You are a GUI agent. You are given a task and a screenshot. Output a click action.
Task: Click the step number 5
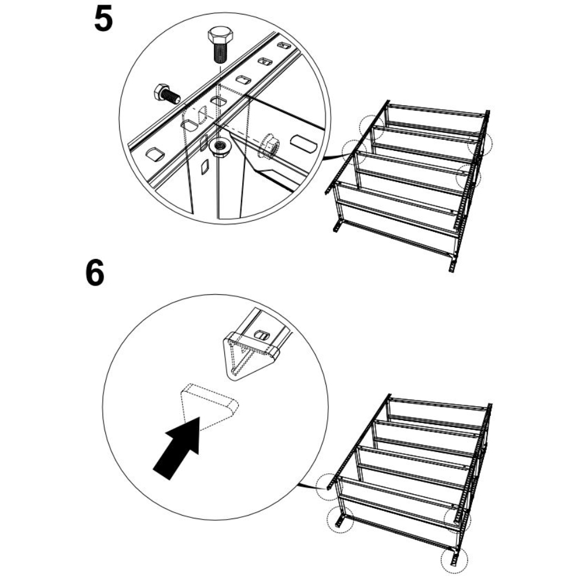[x=103, y=19]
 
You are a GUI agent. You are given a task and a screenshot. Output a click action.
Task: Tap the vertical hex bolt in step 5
[x=220, y=45]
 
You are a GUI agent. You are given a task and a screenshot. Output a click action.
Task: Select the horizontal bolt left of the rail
[x=166, y=94]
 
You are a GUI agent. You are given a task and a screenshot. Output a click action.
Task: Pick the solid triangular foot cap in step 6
[x=250, y=355]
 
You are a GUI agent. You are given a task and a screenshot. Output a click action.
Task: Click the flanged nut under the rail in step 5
[x=220, y=146]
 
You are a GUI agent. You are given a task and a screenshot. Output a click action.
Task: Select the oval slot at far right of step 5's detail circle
[x=304, y=143]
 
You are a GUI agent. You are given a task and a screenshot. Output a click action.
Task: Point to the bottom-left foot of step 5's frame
[x=338, y=225]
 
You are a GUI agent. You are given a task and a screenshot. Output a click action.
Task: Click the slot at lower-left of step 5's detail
[x=155, y=154]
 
